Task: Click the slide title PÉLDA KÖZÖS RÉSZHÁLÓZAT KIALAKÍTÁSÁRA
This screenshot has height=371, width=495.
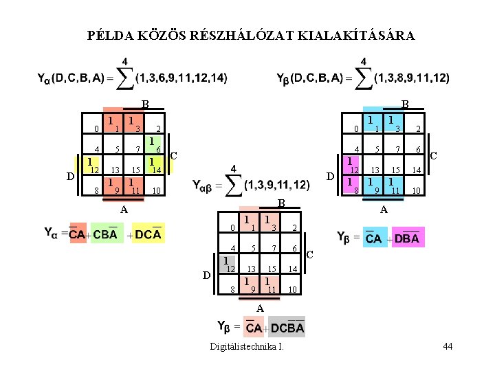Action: pyautogui.click(x=252, y=35)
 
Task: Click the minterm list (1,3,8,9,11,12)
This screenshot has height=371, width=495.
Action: pyautogui.click(x=412, y=78)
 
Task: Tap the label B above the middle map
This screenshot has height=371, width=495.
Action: pyautogui.click(x=280, y=204)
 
